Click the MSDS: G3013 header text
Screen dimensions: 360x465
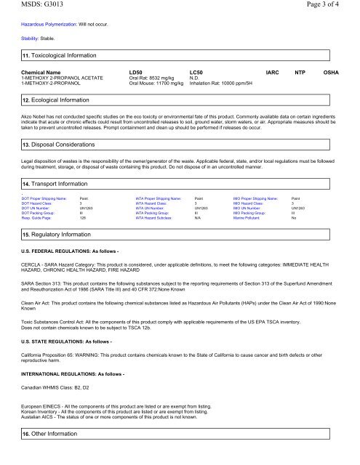[31, 7]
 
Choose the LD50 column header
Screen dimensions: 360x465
[135, 74]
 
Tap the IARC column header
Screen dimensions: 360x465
[274, 74]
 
